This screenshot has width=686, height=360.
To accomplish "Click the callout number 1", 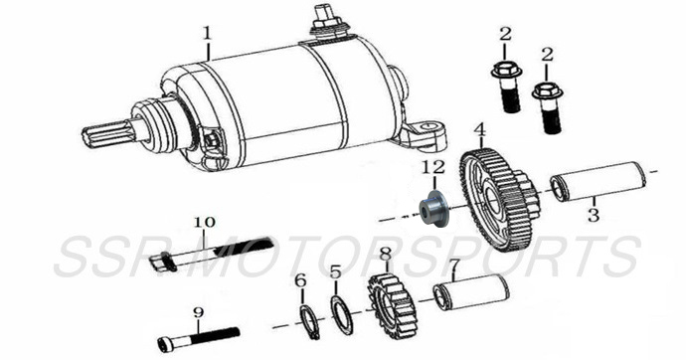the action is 207,33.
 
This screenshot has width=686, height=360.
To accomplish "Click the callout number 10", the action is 203,221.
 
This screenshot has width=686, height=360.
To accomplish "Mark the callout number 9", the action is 198,312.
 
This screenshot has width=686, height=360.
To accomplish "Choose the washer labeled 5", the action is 340,315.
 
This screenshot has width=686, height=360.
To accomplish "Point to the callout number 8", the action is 385,255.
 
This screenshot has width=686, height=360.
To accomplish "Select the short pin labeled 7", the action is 472,296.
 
